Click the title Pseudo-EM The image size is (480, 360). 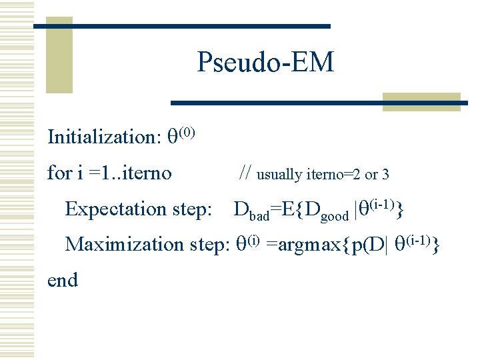pos(265,63)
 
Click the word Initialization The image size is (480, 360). pos(101,137)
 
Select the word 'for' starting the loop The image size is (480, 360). pos(59,173)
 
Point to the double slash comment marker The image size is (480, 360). pos(245,174)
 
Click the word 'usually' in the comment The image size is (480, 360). pos(279,175)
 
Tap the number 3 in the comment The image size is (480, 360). pos(385,175)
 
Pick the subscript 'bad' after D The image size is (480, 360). pos(259,215)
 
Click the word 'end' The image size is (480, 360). pos(63,280)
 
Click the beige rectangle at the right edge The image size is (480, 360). pos(421,101)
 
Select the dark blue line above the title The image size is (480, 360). pos(182,26)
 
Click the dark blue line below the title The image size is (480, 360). pos(319,103)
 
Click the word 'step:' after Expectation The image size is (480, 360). pos(192,210)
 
